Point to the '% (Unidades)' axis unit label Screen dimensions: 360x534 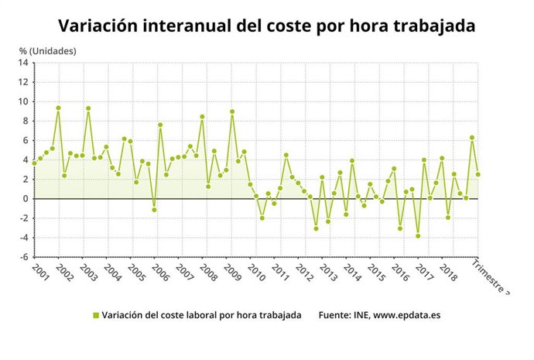[x=47, y=50]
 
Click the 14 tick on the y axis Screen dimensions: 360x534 [x=24, y=63]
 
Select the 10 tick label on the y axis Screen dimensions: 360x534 [x=24, y=101]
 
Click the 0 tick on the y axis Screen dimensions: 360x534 [x=26, y=199]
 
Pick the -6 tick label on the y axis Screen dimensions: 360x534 [x=24, y=257]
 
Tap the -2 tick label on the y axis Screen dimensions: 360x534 [x=24, y=218]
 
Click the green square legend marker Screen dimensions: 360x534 [x=96, y=316]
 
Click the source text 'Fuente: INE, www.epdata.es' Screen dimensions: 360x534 [x=379, y=316]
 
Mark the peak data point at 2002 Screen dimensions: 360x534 [x=58, y=108]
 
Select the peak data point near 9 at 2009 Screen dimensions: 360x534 [x=232, y=111]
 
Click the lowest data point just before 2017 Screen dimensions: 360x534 [x=418, y=235]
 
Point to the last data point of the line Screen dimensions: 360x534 [x=478, y=174]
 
